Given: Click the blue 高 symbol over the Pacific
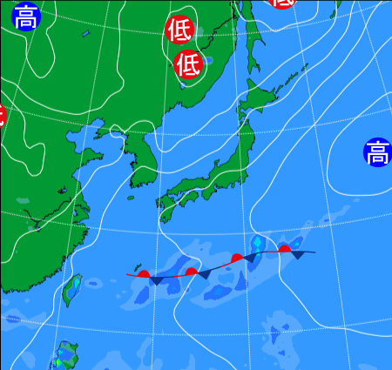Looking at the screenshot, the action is (377, 154).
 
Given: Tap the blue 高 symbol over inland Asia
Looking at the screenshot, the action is (26, 17).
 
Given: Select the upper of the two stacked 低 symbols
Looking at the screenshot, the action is (179, 30).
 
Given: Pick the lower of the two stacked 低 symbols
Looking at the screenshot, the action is (187, 64).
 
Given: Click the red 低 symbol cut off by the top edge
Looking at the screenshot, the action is (283, 3).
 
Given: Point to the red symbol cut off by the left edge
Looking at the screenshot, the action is (2, 114).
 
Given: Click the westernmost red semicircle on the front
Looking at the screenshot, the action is (145, 273).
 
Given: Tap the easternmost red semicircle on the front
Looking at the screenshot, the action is (284, 249).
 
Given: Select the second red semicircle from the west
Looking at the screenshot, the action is (192, 272).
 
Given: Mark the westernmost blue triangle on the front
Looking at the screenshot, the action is (156, 280).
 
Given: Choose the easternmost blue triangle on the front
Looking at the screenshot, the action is (299, 256).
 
